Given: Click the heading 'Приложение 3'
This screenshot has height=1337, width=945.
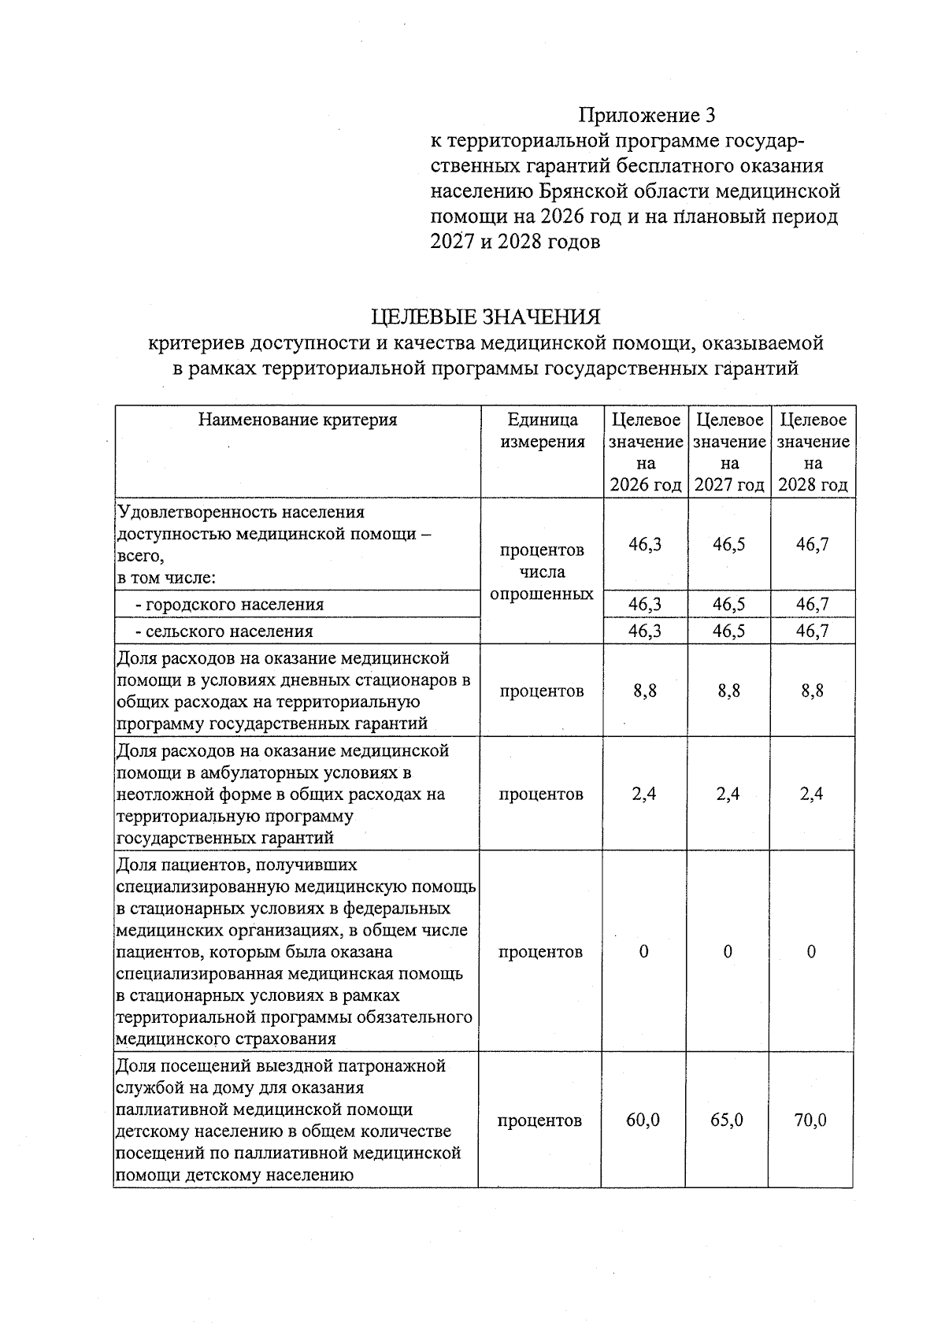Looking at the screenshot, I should tap(647, 116).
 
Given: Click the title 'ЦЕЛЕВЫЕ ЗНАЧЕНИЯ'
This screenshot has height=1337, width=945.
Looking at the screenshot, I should tap(485, 317).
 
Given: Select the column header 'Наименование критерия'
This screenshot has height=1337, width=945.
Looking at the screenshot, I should tap(298, 420).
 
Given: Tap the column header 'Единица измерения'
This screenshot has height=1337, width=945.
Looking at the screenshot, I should tap(543, 431).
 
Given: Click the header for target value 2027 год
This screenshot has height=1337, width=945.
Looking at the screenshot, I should tap(729, 452).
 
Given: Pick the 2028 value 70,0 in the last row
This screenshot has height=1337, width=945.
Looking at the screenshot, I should tap(811, 1120).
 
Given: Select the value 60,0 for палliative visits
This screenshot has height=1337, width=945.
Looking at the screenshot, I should tap(643, 1120).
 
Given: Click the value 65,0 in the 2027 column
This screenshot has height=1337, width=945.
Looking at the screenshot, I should tap(727, 1120).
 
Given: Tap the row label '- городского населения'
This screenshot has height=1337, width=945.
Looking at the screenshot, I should tap(229, 605).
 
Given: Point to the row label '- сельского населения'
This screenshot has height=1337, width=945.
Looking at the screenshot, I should tap(224, 631).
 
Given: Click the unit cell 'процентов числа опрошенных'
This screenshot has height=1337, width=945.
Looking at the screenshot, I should tap(542, 572).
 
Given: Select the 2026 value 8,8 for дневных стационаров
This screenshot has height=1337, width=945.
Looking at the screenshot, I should tap(645, 691).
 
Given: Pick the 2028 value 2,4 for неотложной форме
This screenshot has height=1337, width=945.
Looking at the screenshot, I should tap(811, 794).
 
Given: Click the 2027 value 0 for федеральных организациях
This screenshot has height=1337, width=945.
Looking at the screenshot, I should tap(728, 952).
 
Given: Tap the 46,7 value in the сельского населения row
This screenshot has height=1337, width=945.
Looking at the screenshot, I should tap(812, 631).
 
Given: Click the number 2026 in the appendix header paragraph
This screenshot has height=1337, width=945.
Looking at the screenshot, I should tap(563, 217).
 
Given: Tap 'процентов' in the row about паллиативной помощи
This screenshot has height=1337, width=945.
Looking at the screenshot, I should tap(540, 1120).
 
